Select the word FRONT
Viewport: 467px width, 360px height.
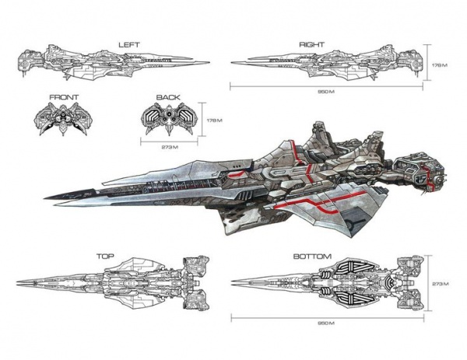[63, 97]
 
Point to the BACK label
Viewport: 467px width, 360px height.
[167, 97]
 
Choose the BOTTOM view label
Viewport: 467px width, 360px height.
[312, 257]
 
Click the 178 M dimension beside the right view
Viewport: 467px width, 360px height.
[441, 65]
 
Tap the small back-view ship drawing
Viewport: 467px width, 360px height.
[167, 119]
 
